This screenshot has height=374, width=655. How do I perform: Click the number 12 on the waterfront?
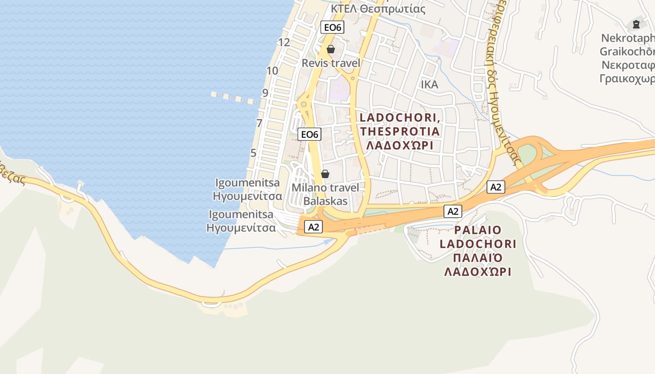(284, 43)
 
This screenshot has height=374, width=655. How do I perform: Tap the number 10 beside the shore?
(272, 71)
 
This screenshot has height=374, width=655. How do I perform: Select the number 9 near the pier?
(265, 93)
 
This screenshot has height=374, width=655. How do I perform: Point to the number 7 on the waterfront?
(259, 123)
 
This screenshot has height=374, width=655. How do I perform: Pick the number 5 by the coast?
(253, 153)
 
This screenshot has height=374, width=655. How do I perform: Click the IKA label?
(429, 85)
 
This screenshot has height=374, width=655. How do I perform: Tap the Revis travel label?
(331, 63)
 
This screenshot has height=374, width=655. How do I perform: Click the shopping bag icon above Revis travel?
(331, 49)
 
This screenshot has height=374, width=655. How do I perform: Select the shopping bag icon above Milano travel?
(325, 174)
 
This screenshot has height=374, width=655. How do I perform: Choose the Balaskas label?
(326, 201)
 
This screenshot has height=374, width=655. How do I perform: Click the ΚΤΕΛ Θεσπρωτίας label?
(378, 8)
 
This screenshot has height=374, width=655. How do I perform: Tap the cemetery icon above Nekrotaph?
(636, 24)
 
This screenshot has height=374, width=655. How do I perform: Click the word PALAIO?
(477, 230)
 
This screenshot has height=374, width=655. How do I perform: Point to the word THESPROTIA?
(400, 131)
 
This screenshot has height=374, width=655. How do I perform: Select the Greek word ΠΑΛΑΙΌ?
(477, 258)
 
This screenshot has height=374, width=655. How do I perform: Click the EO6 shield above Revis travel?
(333, 28)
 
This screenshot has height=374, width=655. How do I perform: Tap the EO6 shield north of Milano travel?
(310, 135)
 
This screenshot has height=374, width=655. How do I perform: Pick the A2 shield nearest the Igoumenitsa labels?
(313, 227)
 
